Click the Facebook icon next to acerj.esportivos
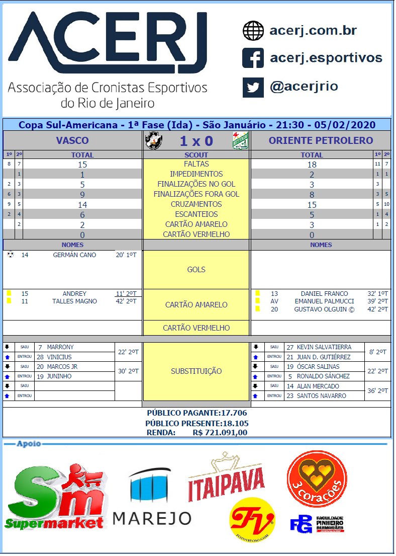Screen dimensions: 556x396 [x=253, y=58]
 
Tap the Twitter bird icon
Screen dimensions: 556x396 [x=253, y=87]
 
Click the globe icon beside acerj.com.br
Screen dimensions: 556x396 [x=253, y=31]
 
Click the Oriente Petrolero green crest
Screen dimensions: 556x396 [x=240, y=140]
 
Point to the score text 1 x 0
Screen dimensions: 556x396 [x=196, y=140]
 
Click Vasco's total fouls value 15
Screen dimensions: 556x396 [x=82, y=165]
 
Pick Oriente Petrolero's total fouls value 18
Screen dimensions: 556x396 [x=312, y=165]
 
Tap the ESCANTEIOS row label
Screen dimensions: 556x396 [x=196, y=214]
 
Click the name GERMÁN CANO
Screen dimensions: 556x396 [x=74, y=255]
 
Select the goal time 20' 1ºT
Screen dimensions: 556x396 [x=126, y=255]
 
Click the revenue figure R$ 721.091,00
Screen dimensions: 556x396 [x=220, y=432]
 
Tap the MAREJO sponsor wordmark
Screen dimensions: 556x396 [x=152, y=518]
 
